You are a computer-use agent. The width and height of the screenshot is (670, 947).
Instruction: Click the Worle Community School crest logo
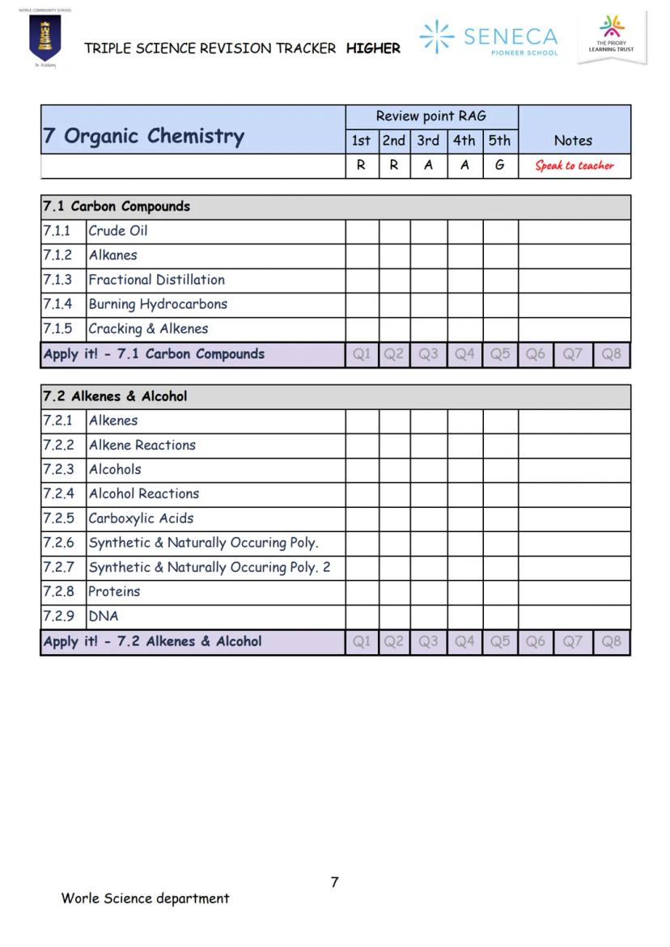click(45, 38)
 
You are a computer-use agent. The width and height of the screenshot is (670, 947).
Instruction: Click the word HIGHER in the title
click(373, 49)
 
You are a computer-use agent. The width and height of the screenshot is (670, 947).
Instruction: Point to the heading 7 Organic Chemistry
click(143, 135)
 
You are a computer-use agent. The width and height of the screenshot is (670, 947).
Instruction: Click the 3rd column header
click(428, 141)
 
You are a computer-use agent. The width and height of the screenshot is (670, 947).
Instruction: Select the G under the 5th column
click(500, 165)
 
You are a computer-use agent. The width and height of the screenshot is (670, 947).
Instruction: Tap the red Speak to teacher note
click(575, 166)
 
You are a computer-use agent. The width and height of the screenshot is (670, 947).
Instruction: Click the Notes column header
click(573, 141)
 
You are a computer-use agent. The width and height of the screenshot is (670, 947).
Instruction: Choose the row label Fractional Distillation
click(157, 280)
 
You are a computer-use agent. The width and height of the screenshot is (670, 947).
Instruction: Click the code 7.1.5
click(57, 329)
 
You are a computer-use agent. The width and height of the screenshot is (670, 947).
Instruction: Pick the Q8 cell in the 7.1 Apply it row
click(612, 354)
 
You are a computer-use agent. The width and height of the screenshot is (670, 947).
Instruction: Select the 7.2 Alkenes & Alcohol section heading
click(115, 396)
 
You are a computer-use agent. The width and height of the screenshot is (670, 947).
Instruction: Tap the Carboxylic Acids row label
click(141, 518)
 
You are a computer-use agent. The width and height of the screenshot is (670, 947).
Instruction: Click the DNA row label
click(104, 616)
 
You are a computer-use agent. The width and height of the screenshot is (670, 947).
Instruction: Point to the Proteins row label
click(114, 591)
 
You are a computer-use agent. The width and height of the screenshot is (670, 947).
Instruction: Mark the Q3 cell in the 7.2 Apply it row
click(428, 642)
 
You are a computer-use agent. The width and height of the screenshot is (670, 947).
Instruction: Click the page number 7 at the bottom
click(334, 882)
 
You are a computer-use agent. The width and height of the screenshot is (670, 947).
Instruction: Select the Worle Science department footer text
click(145, 898)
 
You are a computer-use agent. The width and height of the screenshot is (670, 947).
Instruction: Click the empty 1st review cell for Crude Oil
click(362, 231)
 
